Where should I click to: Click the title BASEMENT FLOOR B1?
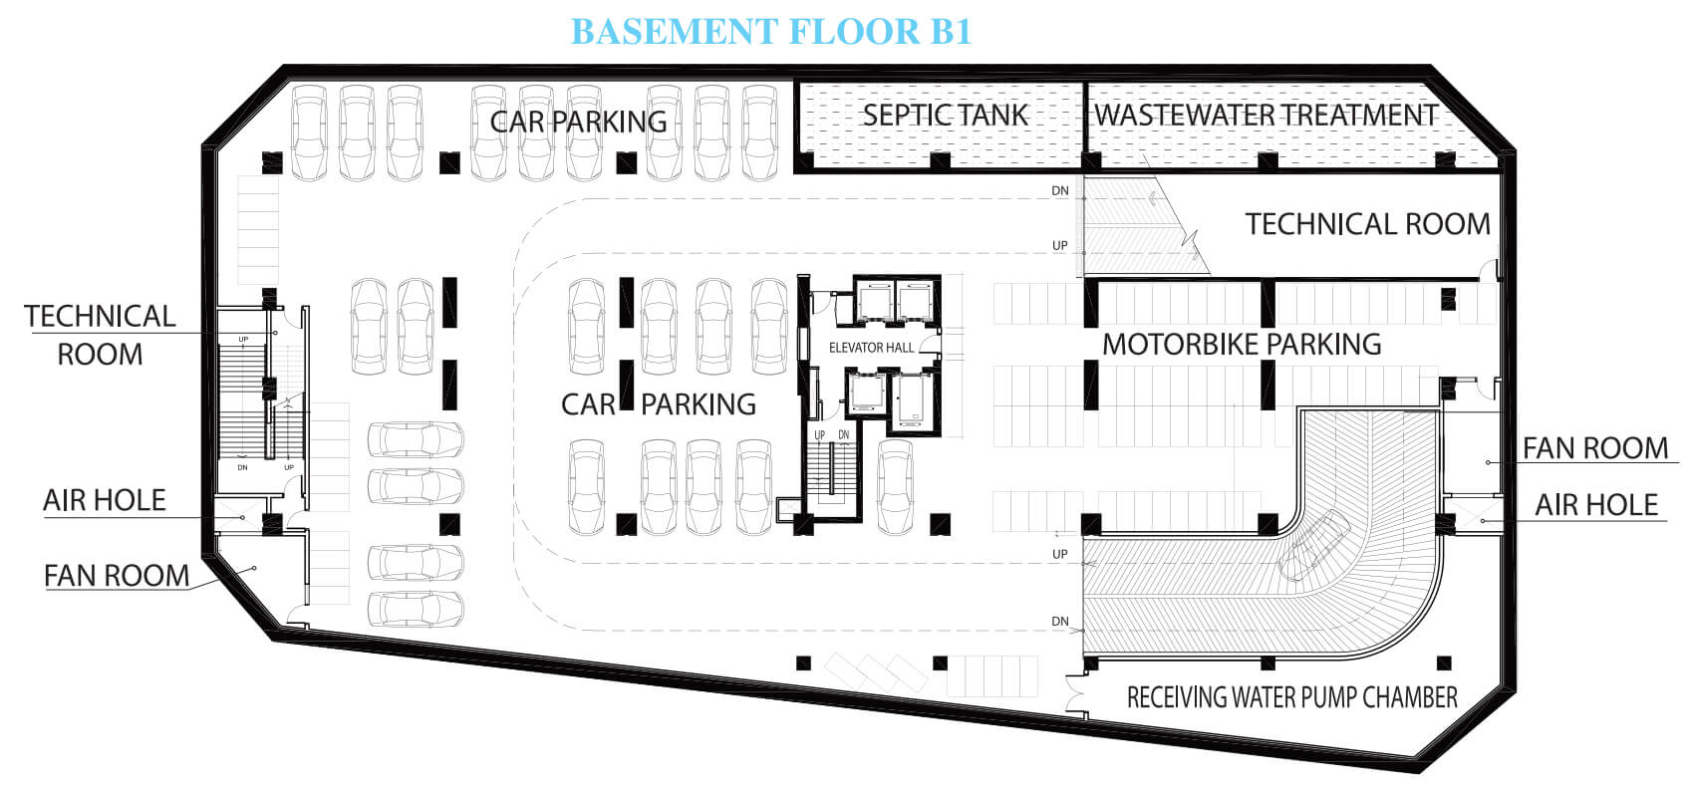(770, 32)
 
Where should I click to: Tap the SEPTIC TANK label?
(945, 116)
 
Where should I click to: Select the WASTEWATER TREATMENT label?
(1266, 116)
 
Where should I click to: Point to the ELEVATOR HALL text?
(871, 348)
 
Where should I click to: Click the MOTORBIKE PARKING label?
(1242, 345)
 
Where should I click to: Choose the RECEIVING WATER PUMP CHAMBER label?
(1291, 697)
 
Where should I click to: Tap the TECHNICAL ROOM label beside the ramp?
(1368, 224)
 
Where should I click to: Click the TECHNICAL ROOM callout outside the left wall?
(100, 336)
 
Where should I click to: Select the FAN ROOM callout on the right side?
(1594, 448)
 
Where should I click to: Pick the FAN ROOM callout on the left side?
(117, 576)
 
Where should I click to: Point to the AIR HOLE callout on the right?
(1596, 505)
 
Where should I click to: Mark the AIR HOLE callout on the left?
(104, 500)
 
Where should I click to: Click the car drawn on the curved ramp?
(1314, 545)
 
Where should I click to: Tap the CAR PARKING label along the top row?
(578, 122)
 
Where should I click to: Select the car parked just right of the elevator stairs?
(896, 487)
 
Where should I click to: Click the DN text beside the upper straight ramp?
(1060, 190)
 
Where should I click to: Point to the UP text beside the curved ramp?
(1060, 554)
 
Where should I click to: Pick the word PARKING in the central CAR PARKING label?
(699, 404)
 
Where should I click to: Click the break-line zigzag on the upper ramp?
(1189, 243)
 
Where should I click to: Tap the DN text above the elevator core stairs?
(844, 434)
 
